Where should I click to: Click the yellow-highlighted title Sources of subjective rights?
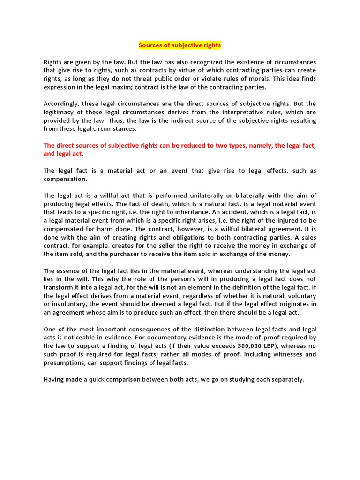(180, 45)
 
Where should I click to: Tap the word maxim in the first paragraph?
(141, 87)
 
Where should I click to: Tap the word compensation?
(65, 179)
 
